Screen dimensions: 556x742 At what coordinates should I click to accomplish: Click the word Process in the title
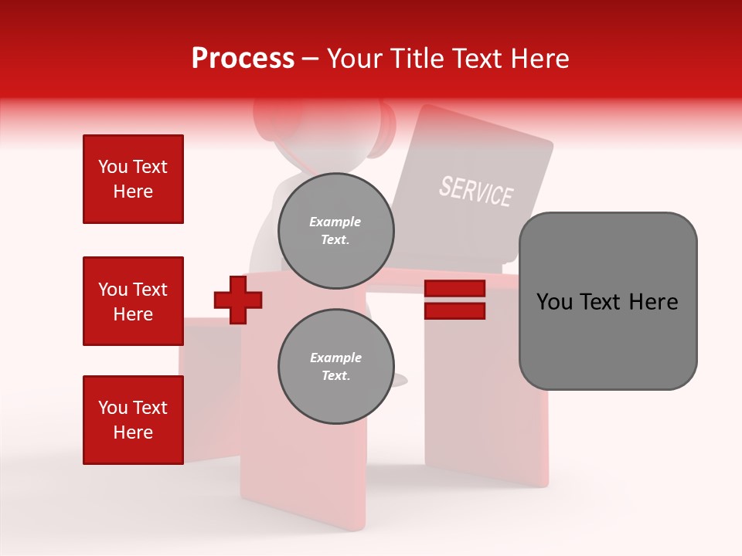(243, 59)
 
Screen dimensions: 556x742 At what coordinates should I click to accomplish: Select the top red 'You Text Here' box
(133, 179)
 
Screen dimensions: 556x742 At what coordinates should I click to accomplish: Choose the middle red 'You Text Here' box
(133, 301)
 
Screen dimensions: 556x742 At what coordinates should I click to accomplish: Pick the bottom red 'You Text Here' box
(133, 420)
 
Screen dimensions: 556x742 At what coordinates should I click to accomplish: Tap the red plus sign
(238, 299)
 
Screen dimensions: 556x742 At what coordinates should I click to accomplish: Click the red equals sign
(454, 300)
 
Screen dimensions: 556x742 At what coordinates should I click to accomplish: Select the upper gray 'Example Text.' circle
(335, 231)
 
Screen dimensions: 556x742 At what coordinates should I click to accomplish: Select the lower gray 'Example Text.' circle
(335, 367)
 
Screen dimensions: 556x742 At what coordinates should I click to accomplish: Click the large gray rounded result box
(608, 301)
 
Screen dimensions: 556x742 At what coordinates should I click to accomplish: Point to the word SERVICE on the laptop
(476, 191)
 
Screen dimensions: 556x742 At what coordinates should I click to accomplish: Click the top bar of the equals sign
(454, 289)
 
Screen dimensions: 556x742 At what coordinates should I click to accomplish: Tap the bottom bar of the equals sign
(454, 310)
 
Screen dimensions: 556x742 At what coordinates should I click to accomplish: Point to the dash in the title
(311, 59)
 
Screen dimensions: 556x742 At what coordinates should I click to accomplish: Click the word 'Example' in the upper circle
(335, 222)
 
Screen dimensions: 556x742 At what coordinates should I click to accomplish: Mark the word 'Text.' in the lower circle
(335, 376)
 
